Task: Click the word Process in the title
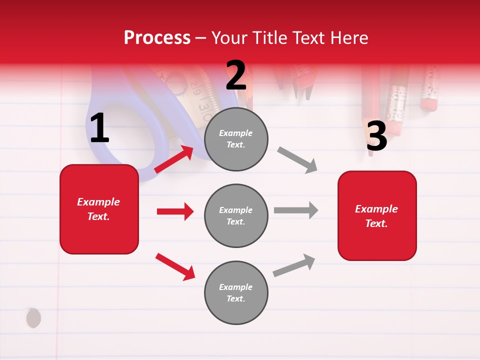coord(157,38)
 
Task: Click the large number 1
coord(99,128)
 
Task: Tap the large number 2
coord(236,75)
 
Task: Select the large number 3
coord(376,136)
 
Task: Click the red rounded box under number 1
coord(99,209)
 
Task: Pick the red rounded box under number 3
coord(377,215)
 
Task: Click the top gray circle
coord(236,139)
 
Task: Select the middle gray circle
coord(236,215)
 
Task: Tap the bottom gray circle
coord(236,292)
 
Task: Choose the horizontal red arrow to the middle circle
coord(175,211)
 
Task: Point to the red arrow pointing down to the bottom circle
coord(175,266)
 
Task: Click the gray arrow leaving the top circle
coord(297,160)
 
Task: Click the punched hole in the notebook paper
coord(33,318)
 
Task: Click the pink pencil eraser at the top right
coord(428,103)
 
